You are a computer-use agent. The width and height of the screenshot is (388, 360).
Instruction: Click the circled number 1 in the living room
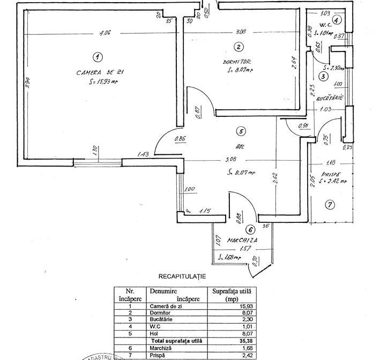[97, 56]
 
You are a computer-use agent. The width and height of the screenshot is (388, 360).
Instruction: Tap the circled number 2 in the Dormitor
[239, 47]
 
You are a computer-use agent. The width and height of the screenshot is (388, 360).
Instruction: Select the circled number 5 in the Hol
[242, 131]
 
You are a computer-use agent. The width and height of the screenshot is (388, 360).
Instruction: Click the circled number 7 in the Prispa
[330, 204]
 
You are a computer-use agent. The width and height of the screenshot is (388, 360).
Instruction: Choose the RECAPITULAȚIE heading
[182, 276]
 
